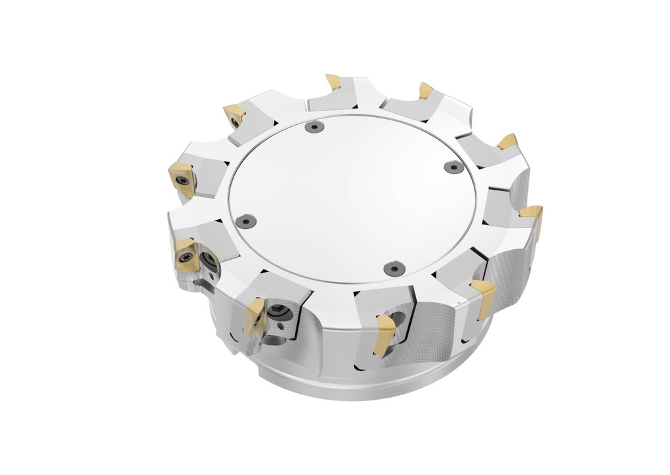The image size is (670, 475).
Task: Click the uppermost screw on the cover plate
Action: click(x=315, y=127)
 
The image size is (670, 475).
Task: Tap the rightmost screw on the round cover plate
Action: click(x=453, y=167)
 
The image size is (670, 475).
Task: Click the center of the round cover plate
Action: click(x=353, y=196)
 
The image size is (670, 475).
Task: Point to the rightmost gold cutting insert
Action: click(x=533, y=216)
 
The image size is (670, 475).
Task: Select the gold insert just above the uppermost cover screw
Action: click(x=334, y=82)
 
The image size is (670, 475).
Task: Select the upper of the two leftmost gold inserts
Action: click(x=182, y=178)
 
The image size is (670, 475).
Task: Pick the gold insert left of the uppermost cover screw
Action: click(x=234, y=116)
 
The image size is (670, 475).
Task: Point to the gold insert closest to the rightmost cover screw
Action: click(x=507, y=141)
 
